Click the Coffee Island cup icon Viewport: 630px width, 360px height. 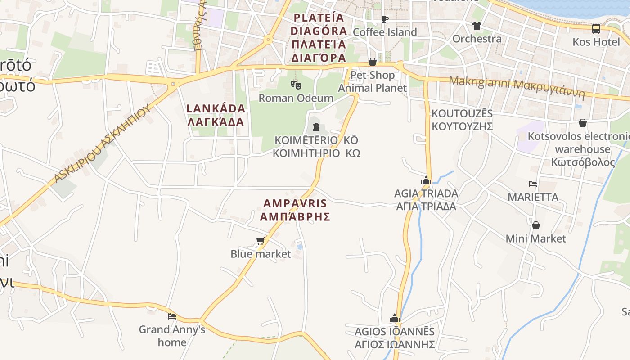pos(384,19)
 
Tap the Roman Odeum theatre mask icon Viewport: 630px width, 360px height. pos(296,84)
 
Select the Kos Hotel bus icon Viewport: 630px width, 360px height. pos(596,29)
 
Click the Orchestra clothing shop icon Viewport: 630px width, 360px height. pos(477,26)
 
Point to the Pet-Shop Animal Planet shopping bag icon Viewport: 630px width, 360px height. pos(373,62)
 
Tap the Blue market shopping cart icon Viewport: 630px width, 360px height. pos(260,241)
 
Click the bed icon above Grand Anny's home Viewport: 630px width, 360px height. pos(172,316)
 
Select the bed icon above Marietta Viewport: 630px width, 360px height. pos(533,184)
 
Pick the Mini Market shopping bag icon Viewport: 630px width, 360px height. pos(536,225)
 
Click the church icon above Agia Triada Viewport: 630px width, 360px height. pos(426,181)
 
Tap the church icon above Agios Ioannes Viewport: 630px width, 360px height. pos(395,319)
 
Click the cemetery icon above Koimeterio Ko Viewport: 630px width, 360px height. pos(316,127)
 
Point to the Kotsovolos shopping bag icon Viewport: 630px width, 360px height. pos(583,123)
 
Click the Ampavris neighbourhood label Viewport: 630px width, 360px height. pos(295,210)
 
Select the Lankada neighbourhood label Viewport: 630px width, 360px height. pos(216,115)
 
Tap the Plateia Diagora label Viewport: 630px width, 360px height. pos(319,38)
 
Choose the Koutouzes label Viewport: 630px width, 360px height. pos(462,120)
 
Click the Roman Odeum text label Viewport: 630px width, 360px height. pos(296,98)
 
